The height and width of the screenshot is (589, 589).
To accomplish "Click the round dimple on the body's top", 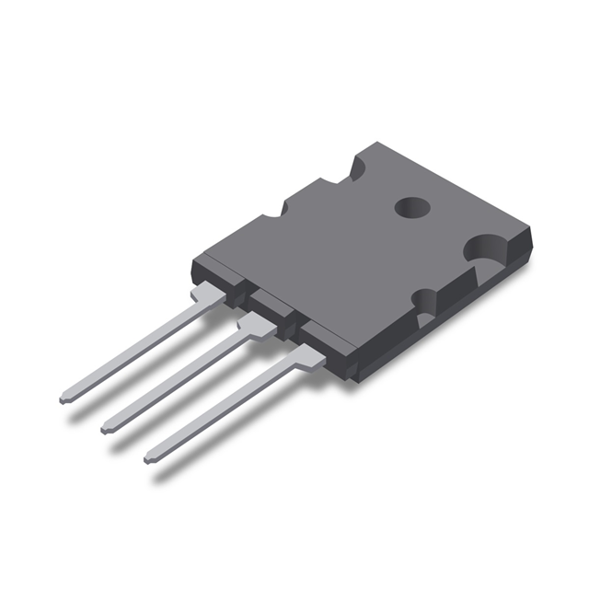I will click(411, 208).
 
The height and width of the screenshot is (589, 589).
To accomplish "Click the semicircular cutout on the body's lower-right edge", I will click(425, 303).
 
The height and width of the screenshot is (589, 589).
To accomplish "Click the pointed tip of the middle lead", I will click(106, 428).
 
